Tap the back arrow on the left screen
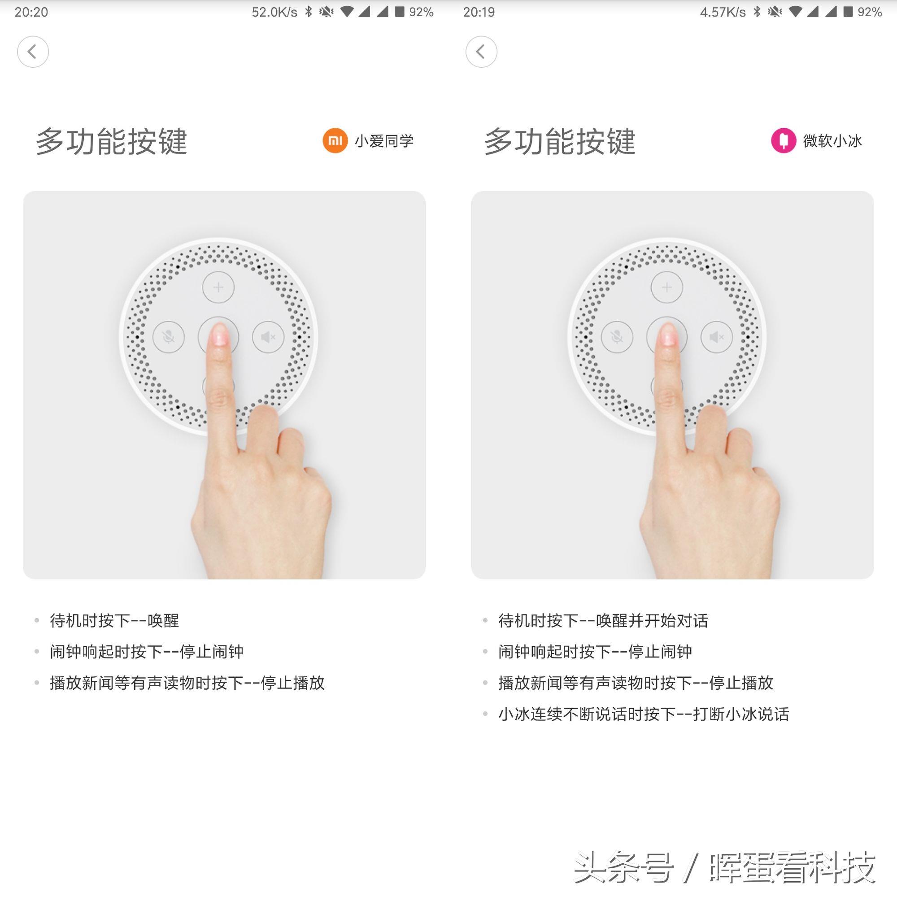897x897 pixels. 32,52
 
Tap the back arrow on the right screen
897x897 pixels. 481,52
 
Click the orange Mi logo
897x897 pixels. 335,140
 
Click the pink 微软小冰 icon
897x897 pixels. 783,140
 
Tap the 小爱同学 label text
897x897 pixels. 384,141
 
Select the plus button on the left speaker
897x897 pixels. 218,287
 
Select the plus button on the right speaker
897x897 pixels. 667,287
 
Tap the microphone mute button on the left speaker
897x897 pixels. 169,337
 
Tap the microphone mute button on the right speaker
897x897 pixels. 617,337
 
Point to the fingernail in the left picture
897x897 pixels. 220,335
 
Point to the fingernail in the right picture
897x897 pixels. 668,335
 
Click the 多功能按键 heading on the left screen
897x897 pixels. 111,141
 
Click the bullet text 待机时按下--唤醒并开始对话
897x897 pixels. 603,620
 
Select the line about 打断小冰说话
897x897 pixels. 644,714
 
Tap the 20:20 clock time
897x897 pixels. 31,12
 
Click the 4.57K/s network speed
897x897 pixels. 723,12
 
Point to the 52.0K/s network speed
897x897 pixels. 274,12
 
